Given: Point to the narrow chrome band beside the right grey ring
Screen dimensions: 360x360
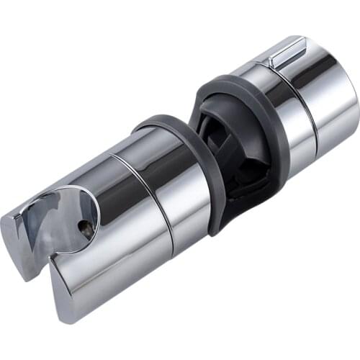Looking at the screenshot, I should pyautogui.click(x=284, y=122).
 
